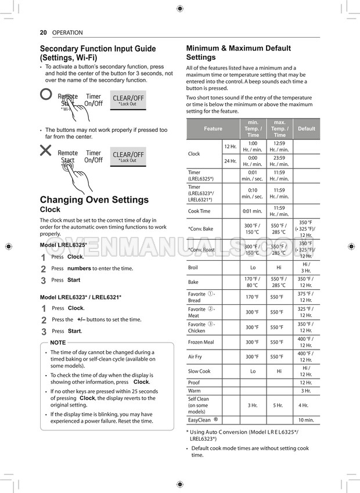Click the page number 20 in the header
43,33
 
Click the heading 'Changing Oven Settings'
94,200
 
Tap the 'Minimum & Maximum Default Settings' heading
238,53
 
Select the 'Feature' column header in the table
213,128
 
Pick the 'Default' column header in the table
306,128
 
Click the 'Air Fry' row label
196,357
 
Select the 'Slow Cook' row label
199,371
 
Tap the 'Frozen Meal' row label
201,342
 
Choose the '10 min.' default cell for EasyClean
306,420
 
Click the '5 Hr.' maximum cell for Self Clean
279,405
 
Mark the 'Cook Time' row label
199,211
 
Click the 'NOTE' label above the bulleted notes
58,343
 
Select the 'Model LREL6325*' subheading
63,245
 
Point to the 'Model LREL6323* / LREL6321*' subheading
80,297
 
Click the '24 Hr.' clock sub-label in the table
230,161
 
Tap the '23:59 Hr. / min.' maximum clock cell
279,161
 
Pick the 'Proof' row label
193,383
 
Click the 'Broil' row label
193,268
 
